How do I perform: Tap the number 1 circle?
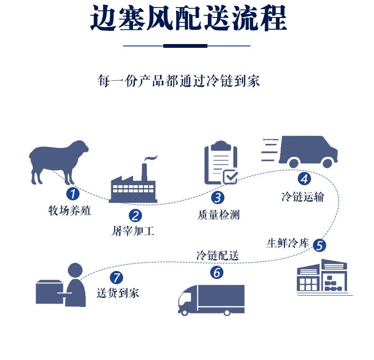click(72, 193)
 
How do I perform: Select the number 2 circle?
click(136, 216)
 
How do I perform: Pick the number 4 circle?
click(304, 179)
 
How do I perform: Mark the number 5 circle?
click(320, 245)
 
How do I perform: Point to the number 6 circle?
click(216, 273)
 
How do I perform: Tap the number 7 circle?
click(117, 277)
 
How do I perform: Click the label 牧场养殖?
click(70, 210)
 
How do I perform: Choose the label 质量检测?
click(218, 215)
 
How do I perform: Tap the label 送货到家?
click(118, 293)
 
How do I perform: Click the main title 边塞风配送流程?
click(188, 20)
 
